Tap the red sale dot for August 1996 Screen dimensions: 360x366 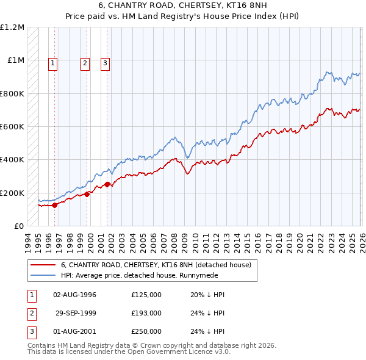pos(55,205)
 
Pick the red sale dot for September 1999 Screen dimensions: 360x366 pos(87,194)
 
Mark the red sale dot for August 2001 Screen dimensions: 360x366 pos(107,184)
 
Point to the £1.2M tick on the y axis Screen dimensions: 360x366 pos(12,27)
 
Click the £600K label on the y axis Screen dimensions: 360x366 pos(12,127)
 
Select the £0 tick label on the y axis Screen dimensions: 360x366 pos(18,226)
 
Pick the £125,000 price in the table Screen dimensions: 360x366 pos(146,295)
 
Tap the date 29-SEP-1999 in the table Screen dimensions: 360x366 pos(76,313)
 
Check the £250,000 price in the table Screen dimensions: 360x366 pos(146,331)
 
